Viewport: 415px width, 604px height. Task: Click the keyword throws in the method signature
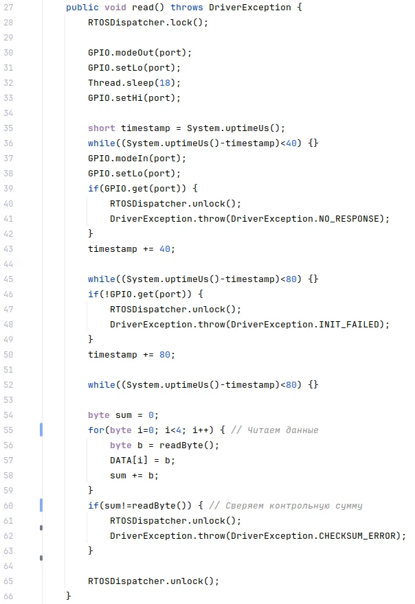187,8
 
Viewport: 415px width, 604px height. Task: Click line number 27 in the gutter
8,8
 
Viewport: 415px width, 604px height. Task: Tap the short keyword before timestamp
102,128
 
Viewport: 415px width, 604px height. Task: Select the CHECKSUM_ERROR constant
357,536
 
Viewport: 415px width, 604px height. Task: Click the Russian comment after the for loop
275,430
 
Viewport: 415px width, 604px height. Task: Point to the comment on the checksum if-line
285,506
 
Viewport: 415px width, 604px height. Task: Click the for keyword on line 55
96,430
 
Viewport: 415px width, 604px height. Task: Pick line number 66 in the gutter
8,596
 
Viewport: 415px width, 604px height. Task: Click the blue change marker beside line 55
41,430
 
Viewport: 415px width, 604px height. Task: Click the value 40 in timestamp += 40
165,249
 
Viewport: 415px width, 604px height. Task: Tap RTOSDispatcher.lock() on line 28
148,23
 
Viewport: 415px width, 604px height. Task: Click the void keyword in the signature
115,8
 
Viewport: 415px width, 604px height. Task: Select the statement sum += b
134,476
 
